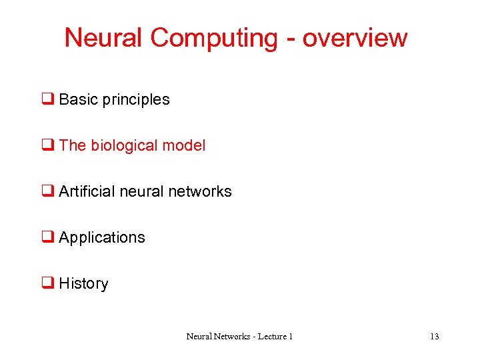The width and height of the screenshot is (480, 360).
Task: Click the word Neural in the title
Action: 104,38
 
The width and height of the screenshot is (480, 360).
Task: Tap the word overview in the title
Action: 355,38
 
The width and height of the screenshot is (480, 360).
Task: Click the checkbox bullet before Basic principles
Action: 48,100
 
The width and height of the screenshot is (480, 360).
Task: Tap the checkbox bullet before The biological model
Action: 48,146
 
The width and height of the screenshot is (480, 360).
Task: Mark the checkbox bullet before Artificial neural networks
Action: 48,192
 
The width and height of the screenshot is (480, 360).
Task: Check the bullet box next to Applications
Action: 48,238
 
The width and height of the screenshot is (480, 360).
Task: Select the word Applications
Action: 102,238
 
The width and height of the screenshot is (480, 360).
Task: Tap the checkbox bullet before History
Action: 48,284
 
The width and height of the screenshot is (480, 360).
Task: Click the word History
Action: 83,283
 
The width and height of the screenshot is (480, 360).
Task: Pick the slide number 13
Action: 434,337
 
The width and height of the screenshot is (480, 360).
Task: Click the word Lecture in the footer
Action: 269,337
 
